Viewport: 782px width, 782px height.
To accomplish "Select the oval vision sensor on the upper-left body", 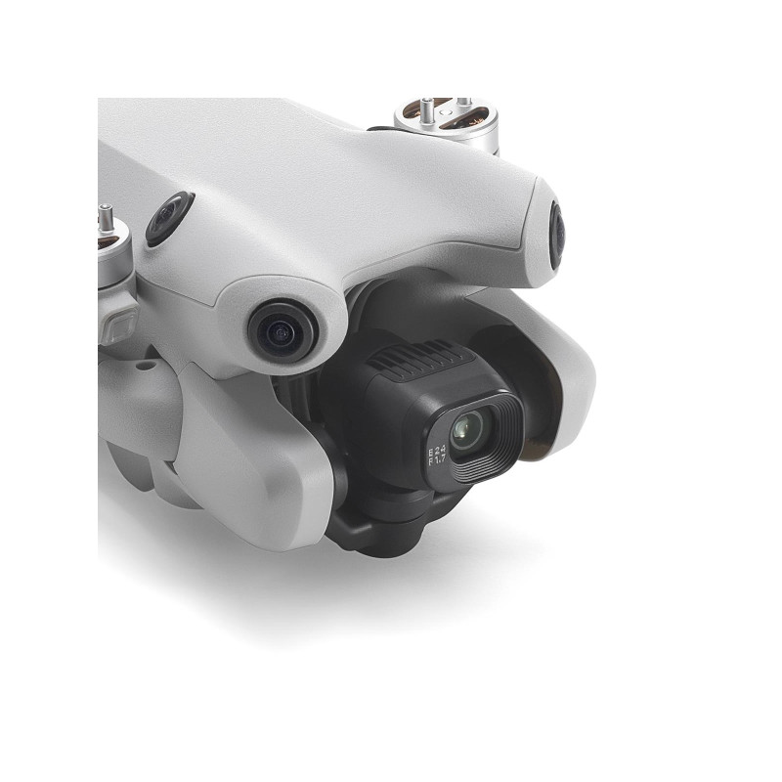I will (x=168, y=218).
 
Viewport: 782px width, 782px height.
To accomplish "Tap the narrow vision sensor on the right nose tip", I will (x=556, y=236).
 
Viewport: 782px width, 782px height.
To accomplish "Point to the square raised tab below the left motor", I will (x=119, y=323).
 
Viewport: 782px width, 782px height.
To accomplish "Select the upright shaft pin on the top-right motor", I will (x=461, y=104).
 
